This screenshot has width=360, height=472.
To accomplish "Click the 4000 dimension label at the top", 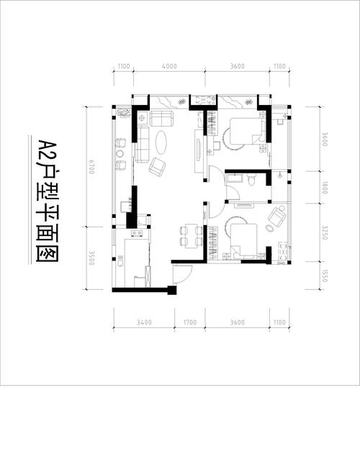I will pyautogui.click(x=169, y=66).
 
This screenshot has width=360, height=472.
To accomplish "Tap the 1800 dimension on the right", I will pyautogui.click(x=325, y=187).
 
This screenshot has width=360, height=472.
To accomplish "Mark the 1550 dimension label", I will pyautogui.click(x=325, y=276).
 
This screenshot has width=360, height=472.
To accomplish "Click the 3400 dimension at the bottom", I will pyautogui.click(x=144, y=322).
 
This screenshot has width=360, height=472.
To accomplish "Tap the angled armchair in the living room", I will pyautogui.click(x=157, y=168).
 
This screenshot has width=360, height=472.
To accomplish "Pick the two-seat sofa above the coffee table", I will pyautogui.click(x=161, y=119).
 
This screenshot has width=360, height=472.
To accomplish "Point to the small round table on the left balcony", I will pyautogui.click(x=120, y=153).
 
